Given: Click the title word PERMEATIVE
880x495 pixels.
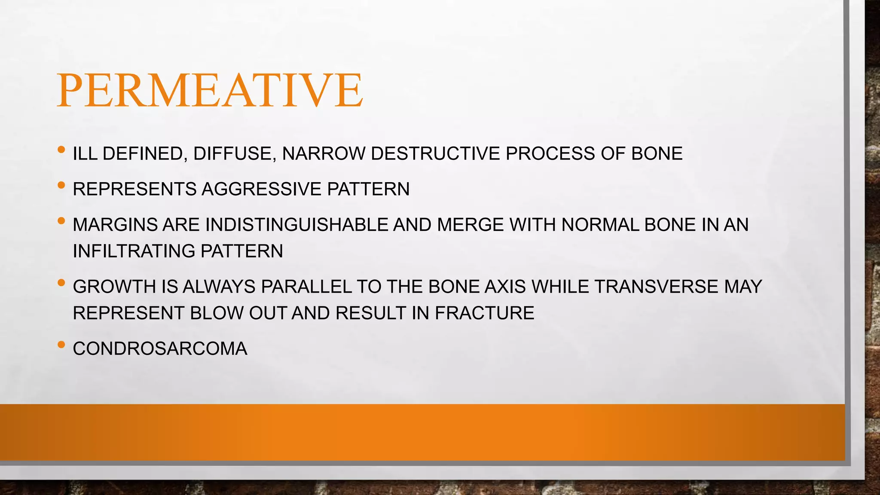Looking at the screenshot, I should click(x=210, y=90).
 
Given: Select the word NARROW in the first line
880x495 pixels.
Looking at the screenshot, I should click(x=324, y=154).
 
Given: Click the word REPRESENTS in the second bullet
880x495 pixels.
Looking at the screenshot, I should click(x=134, y=189).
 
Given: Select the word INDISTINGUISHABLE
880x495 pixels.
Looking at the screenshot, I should click(x=296, y=225).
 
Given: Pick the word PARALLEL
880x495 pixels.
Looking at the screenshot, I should click(x=306, y=287).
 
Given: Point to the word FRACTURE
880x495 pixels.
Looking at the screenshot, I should click(x=484, y=313).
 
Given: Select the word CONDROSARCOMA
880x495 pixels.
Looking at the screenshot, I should click(x=160, y=349).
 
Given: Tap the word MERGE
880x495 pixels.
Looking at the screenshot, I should click(x=471, y=225).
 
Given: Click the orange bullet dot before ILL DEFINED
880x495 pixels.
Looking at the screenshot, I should click(x=61, y=150).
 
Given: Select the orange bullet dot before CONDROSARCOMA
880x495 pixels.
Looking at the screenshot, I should click(x=61, y=345).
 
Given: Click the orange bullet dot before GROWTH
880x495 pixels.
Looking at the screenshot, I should click(x=61, y=283).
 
